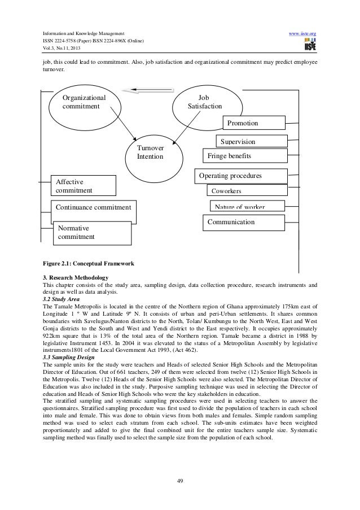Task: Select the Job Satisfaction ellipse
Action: (x=205, y=101)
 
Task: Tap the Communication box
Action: (x=243, y=223)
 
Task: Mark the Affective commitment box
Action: (x=82, y=186)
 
